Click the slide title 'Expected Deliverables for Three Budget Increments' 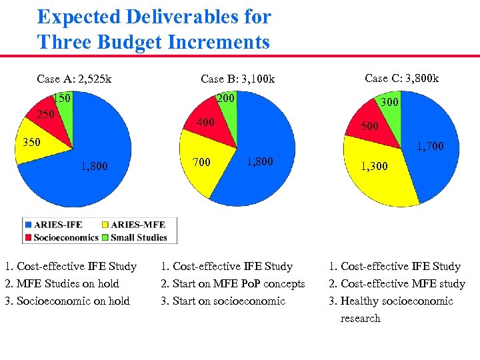154,29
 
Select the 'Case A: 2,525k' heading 74,79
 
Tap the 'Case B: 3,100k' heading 237,79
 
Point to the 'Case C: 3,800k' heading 401,78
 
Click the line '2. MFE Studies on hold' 61,283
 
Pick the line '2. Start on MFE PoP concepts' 233,283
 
